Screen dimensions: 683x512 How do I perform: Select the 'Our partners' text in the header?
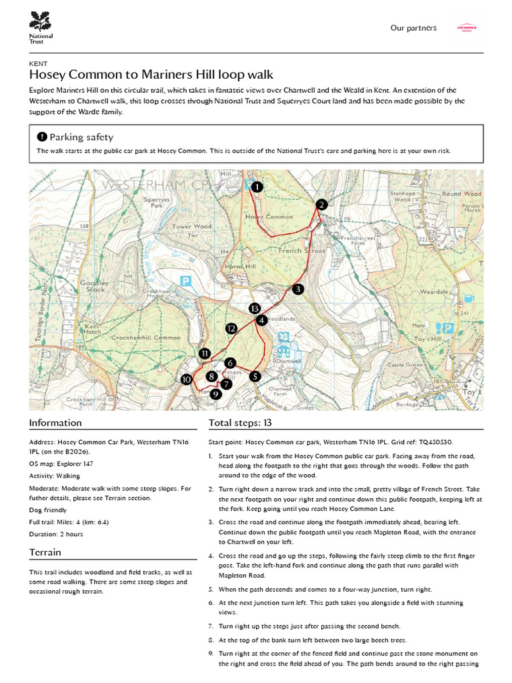click(413, 28)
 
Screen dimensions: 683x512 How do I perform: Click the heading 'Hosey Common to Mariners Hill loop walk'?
click(151, 75)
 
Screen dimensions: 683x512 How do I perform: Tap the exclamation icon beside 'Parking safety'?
click(42, 137)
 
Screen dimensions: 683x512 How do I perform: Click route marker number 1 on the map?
click(257, 187)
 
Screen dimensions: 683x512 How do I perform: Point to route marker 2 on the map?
click(321, 205)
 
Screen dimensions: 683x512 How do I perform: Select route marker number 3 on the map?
click(297, 289)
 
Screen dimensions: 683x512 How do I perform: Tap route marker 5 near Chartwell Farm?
click(255, 376)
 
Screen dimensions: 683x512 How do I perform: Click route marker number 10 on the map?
click(186, 380)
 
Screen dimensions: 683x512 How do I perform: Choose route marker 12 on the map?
click(231, 328)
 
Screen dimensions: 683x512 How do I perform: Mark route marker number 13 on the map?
click(253, 308)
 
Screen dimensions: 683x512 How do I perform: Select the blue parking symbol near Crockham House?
click(187, 281)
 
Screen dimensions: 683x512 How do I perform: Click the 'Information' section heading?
click(55, 422)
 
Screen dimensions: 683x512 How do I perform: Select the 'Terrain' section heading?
click(45, 552)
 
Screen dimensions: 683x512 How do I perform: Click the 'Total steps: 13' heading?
click(240, 422)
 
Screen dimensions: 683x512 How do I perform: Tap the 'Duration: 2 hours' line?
click(56, 534)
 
